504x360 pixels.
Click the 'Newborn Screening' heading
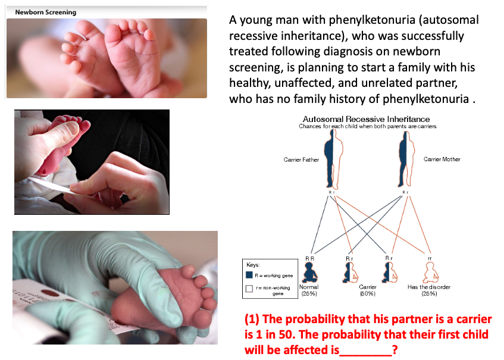point(46,12)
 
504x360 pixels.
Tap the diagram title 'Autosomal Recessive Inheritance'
point(367,119)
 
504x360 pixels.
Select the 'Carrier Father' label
point(302,159)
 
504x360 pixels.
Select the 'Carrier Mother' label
point(442,159)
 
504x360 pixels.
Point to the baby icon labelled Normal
point(311,271)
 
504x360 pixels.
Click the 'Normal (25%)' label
point(309,290)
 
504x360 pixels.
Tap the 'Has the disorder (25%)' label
point(428,290)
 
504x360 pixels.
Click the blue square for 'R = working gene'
point(249,274)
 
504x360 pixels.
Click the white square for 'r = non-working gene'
point(249,288)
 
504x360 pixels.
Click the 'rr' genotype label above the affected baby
point(429,258)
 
